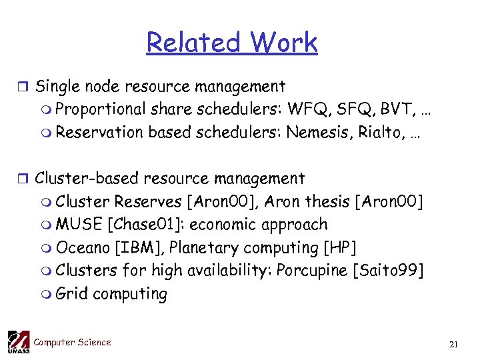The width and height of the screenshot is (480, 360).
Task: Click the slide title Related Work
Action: point(232,43)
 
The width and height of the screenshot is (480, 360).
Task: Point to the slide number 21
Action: point(454,344)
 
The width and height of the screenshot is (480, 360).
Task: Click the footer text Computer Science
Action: point(72,342)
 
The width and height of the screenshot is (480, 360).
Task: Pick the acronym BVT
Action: point(398,109)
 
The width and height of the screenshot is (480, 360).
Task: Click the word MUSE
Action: point(78,225)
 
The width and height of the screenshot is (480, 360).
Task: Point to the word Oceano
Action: point(83,247)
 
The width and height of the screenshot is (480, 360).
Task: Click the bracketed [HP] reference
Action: point(339,248)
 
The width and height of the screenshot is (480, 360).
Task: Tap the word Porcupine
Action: point(312,271)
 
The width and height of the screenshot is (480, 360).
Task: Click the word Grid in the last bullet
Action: point(72,293)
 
